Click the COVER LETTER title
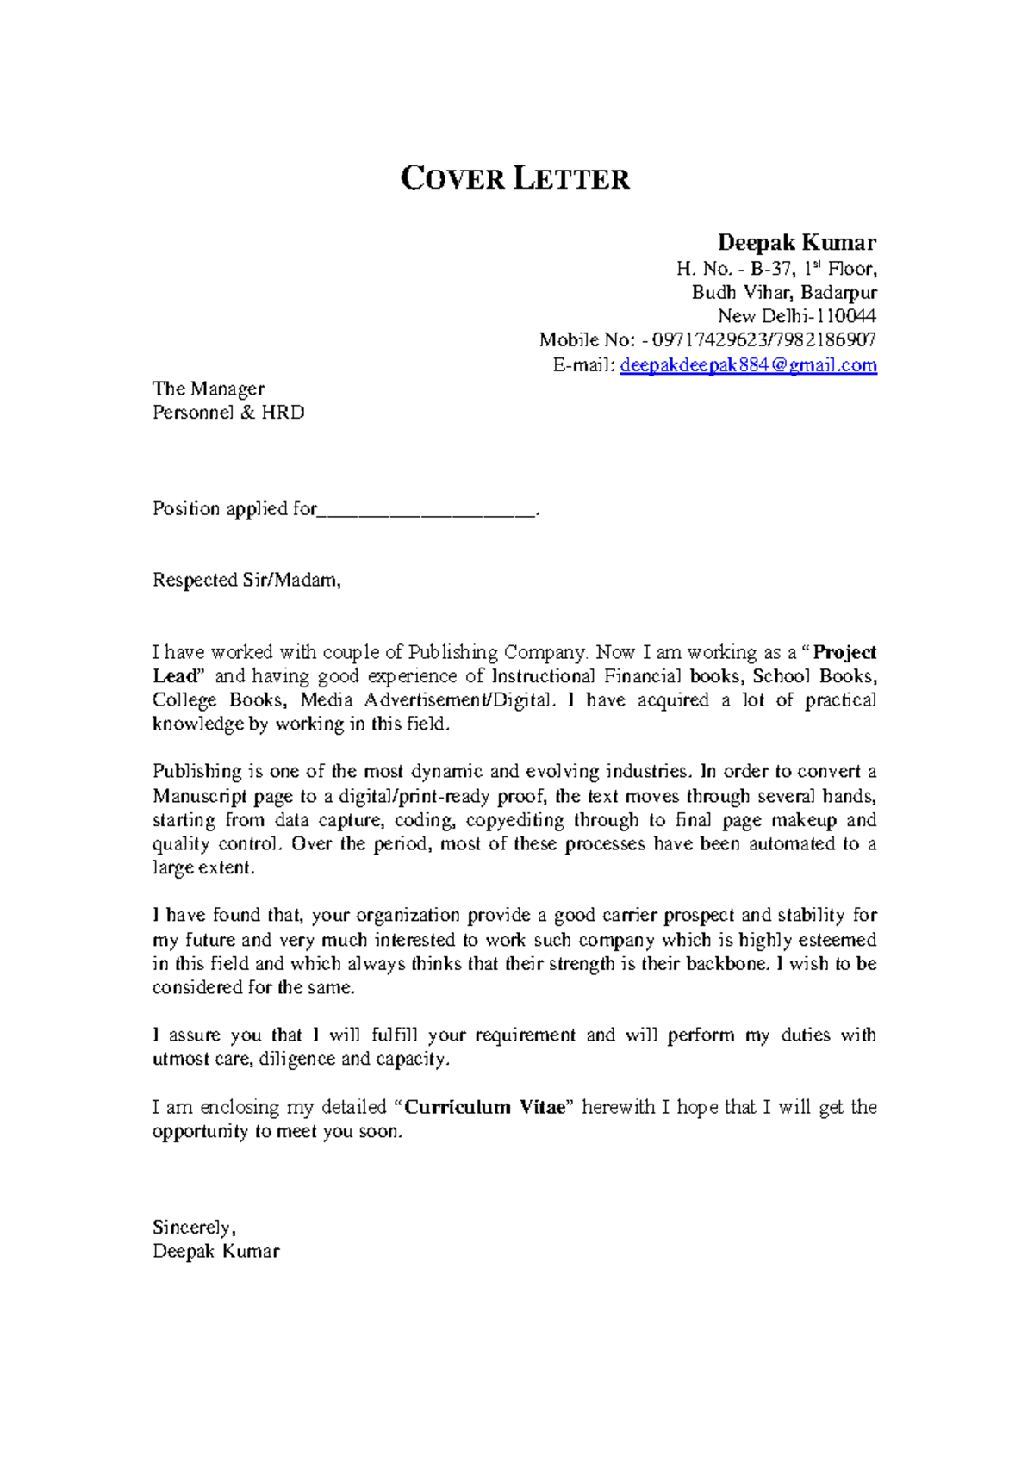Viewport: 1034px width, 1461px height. [x=515, y=178]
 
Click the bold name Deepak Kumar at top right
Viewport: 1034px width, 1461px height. [x=796, y=243]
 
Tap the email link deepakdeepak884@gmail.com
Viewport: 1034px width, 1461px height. [x=748, y=365]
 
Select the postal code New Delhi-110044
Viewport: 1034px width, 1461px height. [x=796, y=316]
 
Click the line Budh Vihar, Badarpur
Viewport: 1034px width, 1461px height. [x=784, y=292]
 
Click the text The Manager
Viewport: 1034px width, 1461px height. [x=208, y=389]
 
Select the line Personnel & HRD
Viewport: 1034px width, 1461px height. [x=228, y=413]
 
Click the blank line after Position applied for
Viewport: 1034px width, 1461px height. [x=427, y=510]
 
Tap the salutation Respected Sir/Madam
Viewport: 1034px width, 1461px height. [x=246, y=581]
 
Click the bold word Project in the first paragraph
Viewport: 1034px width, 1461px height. [x=844, y=652]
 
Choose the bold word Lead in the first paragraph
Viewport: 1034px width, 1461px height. [x=176, y=676]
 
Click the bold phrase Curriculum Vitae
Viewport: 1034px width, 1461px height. [x=483, y=1108]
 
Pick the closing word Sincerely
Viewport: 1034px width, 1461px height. [x=194, y=1228]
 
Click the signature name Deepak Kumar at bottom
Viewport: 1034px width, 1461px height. [x=215, y=1252]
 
